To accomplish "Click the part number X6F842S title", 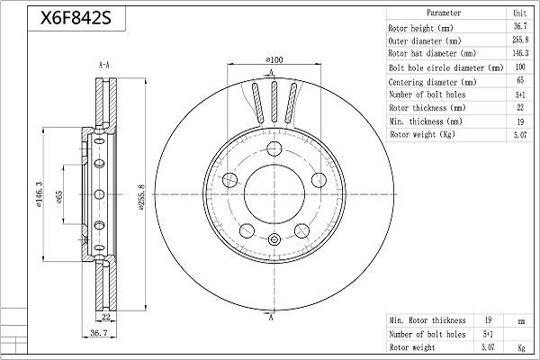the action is (76, 18).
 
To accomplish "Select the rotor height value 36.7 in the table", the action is (520, 26).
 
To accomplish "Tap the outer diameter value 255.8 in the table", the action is (520, 40).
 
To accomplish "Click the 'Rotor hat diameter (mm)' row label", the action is (432, 53).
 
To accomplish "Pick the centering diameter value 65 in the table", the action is (520, 80).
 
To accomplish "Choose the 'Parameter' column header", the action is (444, 13).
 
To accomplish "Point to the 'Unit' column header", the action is (520, 13).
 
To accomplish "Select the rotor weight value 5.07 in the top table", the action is (520, 135).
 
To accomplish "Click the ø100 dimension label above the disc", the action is (274, 60).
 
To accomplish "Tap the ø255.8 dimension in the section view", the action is (142, 197).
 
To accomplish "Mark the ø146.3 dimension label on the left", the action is (39, 194).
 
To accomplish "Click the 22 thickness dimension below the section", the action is (106, 317).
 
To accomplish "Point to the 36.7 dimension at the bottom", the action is (99, 333).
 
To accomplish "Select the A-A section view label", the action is (104, 65).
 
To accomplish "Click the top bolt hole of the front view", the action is (274, 148).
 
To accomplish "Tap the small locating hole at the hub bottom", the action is (274, 239).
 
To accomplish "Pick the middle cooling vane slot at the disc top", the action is (274, 102).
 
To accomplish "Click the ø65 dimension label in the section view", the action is (59, 197).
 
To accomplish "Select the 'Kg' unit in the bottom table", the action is (521, 347).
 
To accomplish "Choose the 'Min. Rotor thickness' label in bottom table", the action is (427, 320).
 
